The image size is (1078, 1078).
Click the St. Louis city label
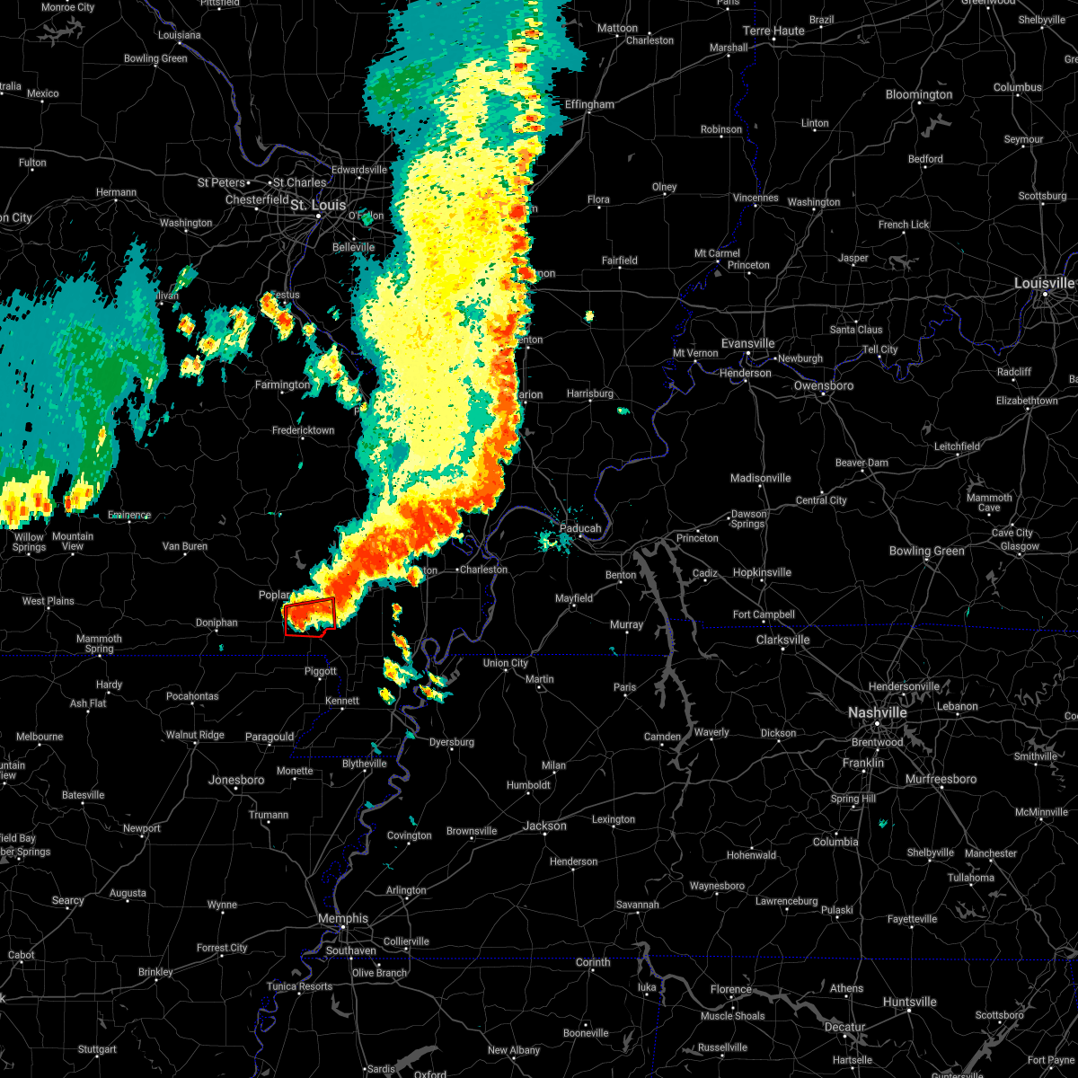[318, 206]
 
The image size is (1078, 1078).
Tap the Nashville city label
[878, 712]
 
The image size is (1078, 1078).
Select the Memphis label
[343, 918]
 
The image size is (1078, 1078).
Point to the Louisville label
[1045, 283]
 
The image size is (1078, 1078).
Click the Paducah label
[580, 528]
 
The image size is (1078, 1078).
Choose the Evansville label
[747, 343]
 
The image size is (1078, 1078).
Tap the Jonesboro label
[236, 780]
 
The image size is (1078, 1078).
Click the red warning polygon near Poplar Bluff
[310, 617]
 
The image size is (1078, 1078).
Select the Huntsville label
[910, 1002]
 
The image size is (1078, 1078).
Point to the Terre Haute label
[773, 31]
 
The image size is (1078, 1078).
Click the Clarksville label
[782, 640]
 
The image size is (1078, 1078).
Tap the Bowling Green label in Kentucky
[927, 551]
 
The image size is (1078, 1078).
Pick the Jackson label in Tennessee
[545, 826]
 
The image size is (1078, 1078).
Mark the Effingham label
[589, 104]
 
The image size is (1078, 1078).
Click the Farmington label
[282, 384]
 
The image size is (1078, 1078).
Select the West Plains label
[49, 601]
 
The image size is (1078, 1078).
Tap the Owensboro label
[824, 385]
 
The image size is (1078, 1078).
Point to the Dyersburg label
[452, 742]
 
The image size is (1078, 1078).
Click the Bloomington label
[919, 94]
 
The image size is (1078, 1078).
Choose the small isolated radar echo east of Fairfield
[589, 315]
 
